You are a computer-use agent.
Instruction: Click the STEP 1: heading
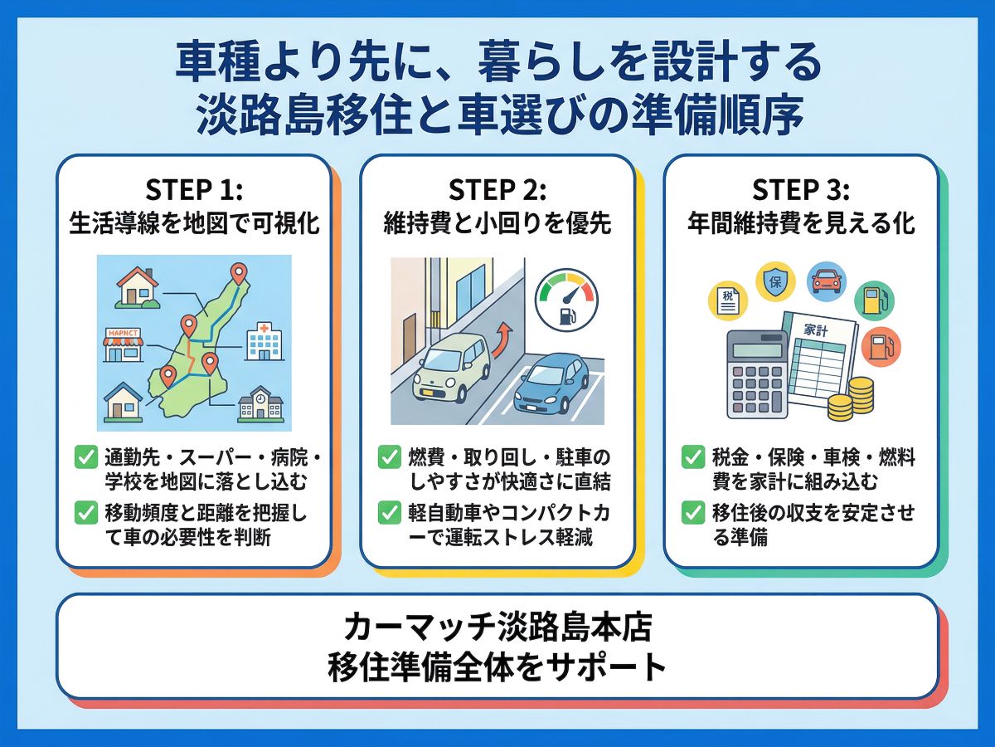194,190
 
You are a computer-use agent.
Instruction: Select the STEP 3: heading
801,190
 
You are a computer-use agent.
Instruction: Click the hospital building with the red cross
265,339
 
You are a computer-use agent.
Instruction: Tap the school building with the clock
260,404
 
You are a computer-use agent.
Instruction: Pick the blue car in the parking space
550,384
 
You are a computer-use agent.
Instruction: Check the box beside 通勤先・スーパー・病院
85,456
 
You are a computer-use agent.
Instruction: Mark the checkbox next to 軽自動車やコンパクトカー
390,512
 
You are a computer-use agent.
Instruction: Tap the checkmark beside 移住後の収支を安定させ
693,512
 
